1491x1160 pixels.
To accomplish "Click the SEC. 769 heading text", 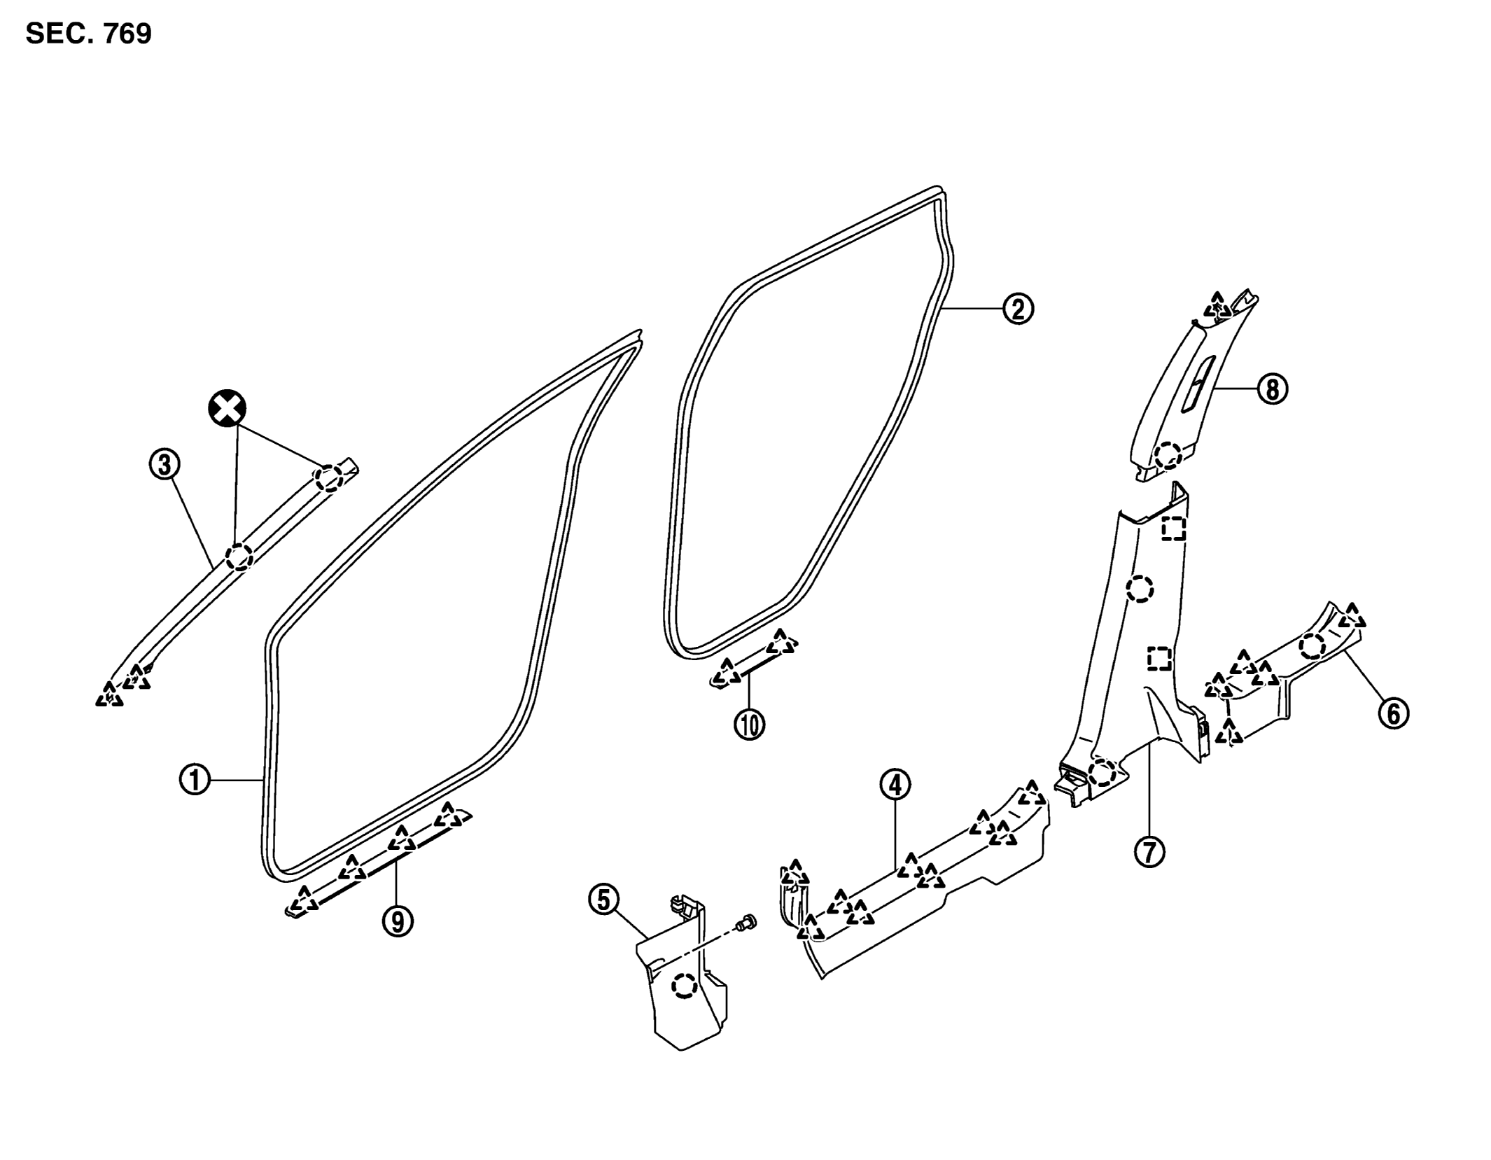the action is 89,33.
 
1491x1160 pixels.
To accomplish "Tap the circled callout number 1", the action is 195,779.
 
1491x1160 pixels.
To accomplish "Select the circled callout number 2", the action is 1018,308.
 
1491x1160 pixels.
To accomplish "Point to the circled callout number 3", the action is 164,465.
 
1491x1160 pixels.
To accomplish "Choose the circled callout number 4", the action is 895,785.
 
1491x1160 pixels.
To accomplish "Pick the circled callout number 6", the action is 1393,714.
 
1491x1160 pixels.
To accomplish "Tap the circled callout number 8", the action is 1273,389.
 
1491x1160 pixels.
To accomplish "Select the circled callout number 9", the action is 398,921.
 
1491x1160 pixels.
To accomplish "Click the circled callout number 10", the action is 749,725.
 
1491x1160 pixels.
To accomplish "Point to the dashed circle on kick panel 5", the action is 684,986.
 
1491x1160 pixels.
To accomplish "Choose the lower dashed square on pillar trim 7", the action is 1159,658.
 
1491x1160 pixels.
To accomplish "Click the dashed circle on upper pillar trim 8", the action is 1168,456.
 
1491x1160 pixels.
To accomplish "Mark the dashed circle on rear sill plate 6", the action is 1312,645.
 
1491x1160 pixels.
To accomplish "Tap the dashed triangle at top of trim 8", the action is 1218,305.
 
